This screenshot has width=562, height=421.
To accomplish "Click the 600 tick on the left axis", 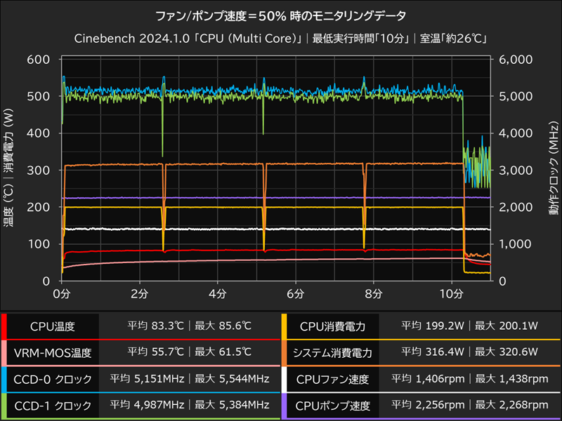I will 39,60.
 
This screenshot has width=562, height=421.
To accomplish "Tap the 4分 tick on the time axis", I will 217,293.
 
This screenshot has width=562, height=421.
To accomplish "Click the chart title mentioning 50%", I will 280,14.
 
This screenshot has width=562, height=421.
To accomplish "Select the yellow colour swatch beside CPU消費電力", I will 284,326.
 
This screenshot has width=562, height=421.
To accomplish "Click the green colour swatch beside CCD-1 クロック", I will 4,406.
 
